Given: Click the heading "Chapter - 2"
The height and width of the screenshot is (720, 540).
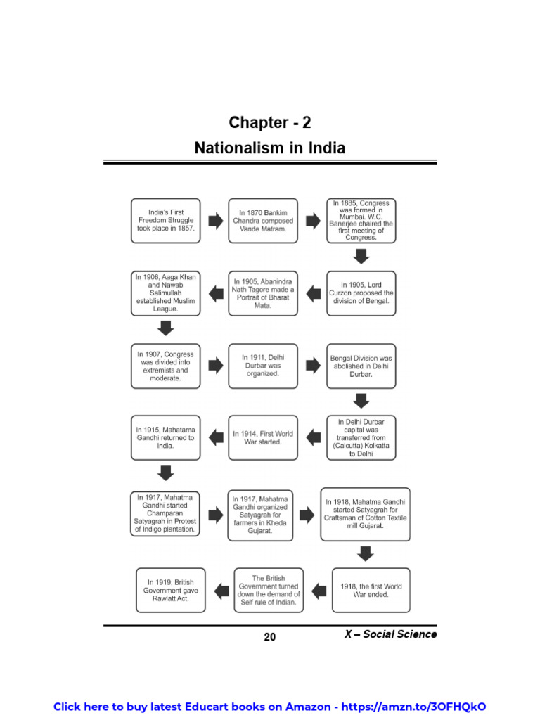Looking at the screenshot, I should (x=269, y=123).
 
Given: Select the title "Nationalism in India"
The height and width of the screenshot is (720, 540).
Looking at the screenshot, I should (x=269, y=148).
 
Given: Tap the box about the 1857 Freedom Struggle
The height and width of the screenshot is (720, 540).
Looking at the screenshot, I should (x=165, y=220).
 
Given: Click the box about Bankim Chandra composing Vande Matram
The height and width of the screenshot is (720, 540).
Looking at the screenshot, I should (x=263, y=220).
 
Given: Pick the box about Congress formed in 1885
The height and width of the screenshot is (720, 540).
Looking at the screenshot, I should (x=361, y=220).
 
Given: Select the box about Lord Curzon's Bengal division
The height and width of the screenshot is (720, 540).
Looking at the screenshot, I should (x=361, y=292).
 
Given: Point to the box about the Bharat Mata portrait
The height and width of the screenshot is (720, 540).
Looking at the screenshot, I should (x=263, y=292).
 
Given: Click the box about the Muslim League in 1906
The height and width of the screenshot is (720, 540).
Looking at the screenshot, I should (x=165, y=292).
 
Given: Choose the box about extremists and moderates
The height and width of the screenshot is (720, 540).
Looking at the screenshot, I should (x=165, y=366).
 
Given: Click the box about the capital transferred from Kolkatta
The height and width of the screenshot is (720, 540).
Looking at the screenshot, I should (x=361, y=437).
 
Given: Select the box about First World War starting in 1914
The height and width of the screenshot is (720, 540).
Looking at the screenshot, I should (x=263, y=437).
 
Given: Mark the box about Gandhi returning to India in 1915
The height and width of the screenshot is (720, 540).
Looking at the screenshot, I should (x=165, y=437).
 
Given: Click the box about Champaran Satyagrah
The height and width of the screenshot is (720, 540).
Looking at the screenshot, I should (x=165, y=513).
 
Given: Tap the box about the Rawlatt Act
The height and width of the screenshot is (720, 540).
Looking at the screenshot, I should (x=170, y=591).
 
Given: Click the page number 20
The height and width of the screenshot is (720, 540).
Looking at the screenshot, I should (x=270, y=637).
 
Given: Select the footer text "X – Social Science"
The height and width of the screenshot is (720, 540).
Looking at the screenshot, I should (x=390, y=634).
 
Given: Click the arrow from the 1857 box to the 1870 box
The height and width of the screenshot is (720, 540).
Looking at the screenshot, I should (x=214, y=221).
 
